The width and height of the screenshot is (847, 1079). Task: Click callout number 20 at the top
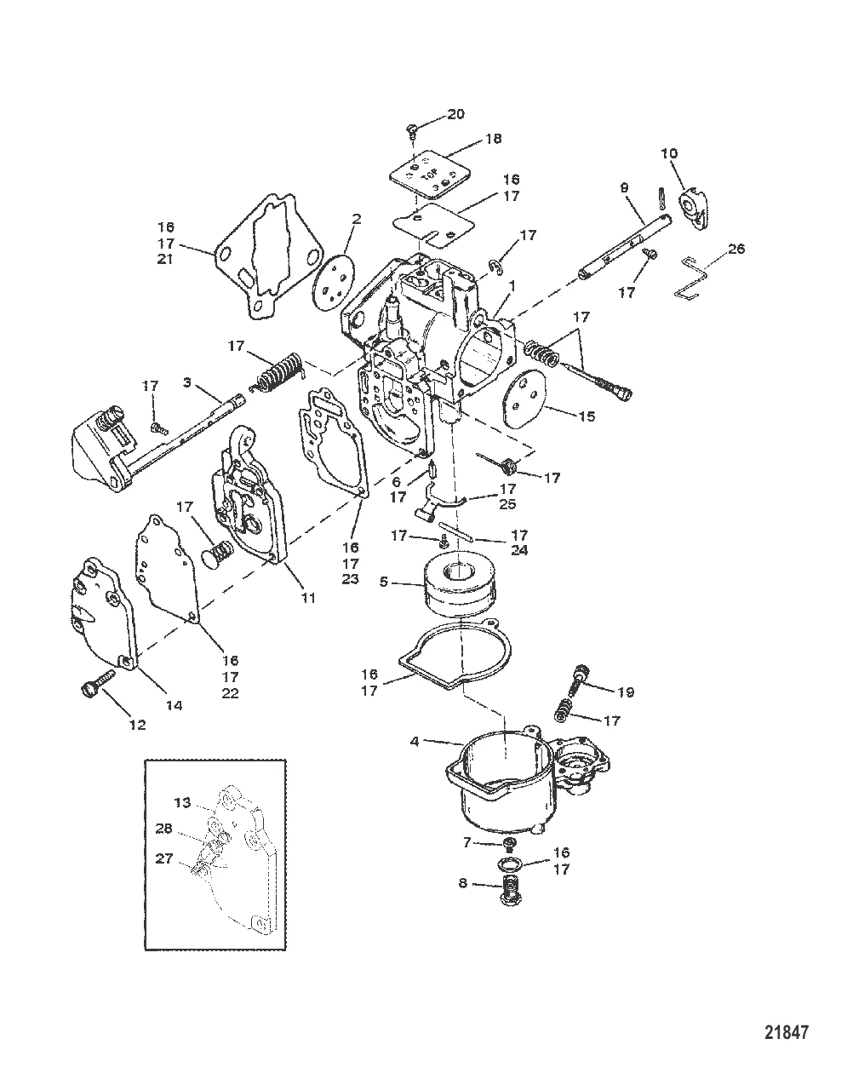(x=456, y=114)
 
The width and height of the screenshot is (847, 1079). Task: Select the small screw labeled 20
(x=412, y=129)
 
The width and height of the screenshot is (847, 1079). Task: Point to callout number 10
(x=669, y=152)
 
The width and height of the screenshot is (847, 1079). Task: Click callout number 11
(x=307, y=598)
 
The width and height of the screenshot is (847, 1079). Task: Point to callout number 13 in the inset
(x=182, y=802)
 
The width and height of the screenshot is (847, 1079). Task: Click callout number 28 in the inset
(x=186, y=829)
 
